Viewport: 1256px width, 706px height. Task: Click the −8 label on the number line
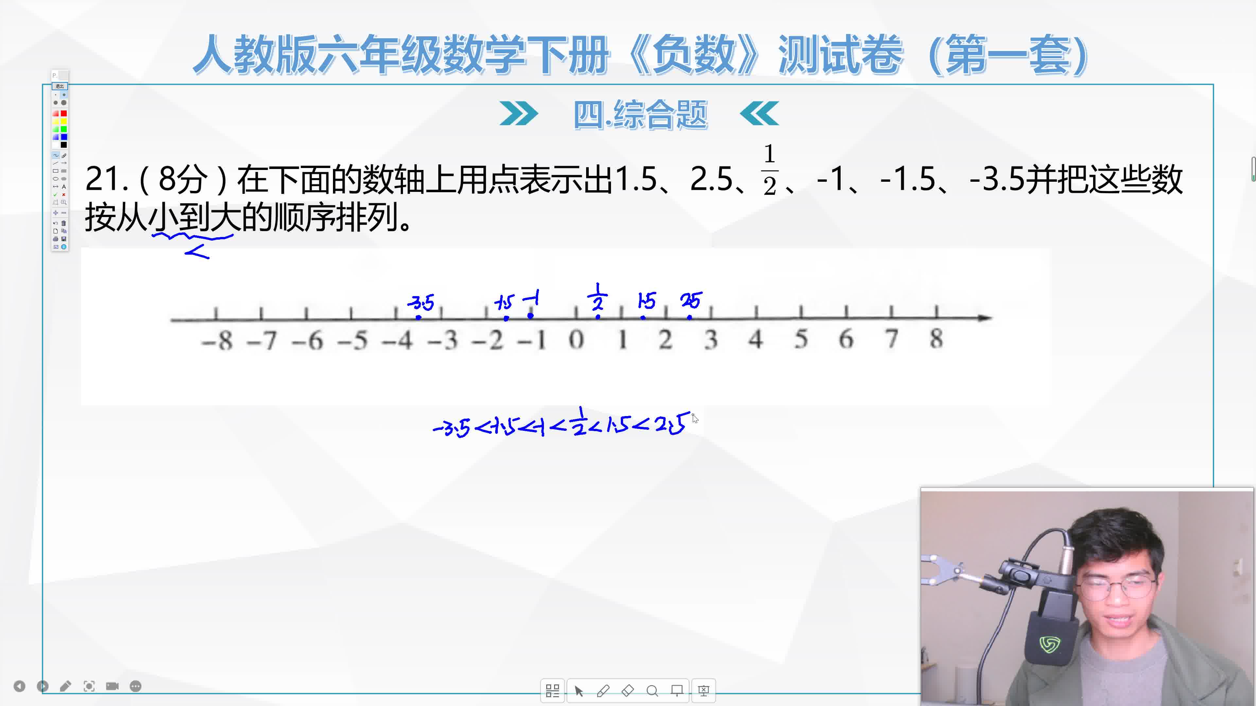click(x=217, y=340)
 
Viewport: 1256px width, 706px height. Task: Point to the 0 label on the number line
click(x=576, y=339)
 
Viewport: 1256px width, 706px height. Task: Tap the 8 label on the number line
click(x=936, y=338)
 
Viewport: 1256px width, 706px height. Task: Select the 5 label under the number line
click(x=801, y=339)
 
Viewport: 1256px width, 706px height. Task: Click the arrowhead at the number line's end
click(x=985, y=318)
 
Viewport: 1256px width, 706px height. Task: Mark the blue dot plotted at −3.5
click(x=419, y=318)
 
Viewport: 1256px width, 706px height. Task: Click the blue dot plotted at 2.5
click(x=689, y=317)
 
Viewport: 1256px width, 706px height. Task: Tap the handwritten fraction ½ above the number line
click(x=598, y=297)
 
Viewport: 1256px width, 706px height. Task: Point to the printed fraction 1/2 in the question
click(x=769, y=170)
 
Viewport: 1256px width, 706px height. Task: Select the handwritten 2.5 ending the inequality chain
click(x=673, y=424)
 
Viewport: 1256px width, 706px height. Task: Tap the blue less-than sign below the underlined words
click(x=197, y=252)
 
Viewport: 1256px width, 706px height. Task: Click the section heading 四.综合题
click(x=640, y=115)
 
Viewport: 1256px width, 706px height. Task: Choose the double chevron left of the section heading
click(x=519, y=114)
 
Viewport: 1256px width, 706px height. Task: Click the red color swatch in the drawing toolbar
click(x=63, y=113)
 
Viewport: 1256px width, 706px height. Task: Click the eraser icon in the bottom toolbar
click(x=628, y=690)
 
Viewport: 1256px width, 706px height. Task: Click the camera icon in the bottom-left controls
click(x=113, y=686)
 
